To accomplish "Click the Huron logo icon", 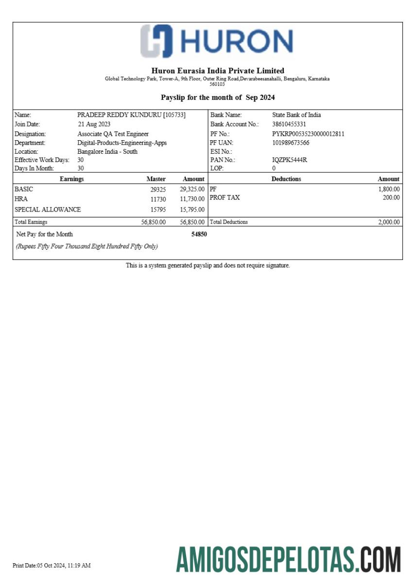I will pos(156,41).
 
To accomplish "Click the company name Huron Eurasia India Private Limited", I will pos(218,71).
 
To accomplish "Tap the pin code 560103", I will pos(217,84).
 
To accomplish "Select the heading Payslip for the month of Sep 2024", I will pos(218,98).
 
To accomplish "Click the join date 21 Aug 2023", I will pos(94,124).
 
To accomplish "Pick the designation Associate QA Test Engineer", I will pos(113,134).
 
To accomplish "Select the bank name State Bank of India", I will pos(296,115).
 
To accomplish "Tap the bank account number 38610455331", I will pos(289,124).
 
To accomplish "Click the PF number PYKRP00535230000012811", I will pos(308,134).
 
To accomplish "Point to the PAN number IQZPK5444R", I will pos(290,160).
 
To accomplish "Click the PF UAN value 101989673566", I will pos(291,143).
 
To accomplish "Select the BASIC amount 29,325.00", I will pos(192,189).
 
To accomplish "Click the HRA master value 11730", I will pos(158,199).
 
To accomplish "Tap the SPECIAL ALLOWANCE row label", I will pos(48,210).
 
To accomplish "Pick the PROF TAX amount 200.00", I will pos(391,197).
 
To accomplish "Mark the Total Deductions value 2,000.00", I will pos(389,222).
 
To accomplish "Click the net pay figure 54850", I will pos(199,234).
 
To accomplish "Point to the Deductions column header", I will pos(286,179).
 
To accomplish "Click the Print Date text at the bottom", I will pos(52,566).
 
